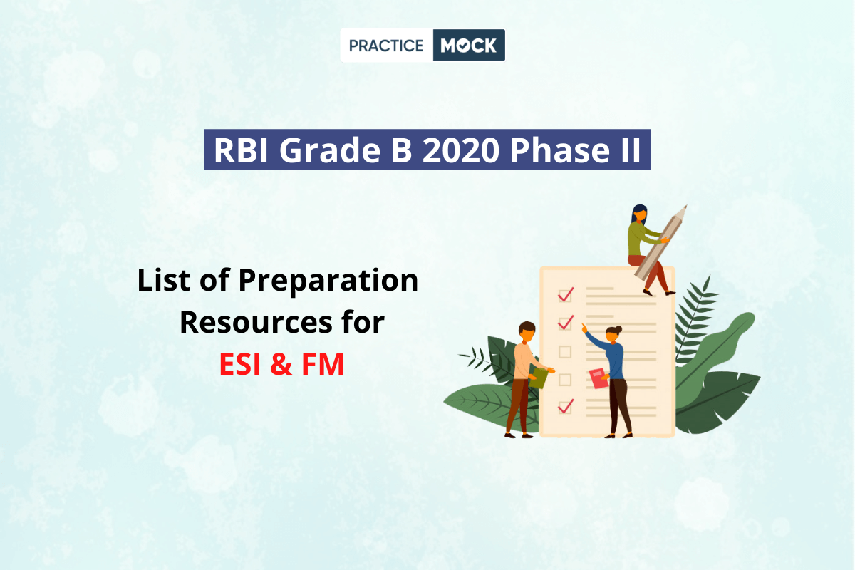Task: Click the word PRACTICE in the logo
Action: point(386,46)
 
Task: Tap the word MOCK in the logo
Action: point(468,46)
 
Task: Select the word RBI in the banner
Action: point(242,150)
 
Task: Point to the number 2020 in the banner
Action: point(461,150)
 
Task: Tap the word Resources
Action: point(255,323)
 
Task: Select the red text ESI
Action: point(240,364)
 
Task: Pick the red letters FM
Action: point(323,364)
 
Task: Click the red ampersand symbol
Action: point(281,364)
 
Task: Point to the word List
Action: point(164,280)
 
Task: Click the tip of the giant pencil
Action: point(686,206)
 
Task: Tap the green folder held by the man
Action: point(539,377)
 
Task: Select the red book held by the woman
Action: point(598,378)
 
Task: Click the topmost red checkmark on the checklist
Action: point(566,294)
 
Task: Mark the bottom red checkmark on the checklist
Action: point(566,406)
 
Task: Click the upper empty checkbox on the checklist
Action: point(565,352)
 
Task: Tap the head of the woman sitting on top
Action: point(640,214)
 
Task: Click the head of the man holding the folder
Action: point(527,332)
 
